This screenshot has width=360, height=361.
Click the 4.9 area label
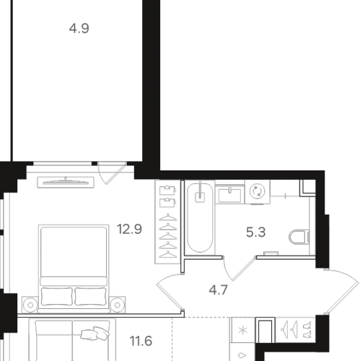click(x=79, y=28)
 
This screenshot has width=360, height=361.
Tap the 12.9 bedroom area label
click(x=129, y=229)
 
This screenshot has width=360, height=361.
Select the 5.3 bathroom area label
click(x=255, y=232)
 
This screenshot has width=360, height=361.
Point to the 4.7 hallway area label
click(x=218, y=290)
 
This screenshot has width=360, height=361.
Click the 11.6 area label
click(x=141, y=341)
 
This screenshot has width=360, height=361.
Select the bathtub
click(x=200, y=217)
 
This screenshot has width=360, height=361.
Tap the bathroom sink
click(x=229, y=195)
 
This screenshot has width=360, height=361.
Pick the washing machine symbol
click(x=258, y=192)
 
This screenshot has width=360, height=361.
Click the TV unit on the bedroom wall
click(x=66, y=182)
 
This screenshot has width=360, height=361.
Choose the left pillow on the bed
click(x=57, y=296)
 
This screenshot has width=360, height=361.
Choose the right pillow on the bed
click(x=90, y=296)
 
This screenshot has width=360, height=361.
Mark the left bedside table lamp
click(x=30, y=305)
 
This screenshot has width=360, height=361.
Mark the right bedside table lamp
click(x=117, y=305)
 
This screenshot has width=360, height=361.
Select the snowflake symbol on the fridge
click(x=243, y=330)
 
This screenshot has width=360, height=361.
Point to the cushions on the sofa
click(x=95, y=334)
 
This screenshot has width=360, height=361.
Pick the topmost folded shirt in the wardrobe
click(x=168, y=190)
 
